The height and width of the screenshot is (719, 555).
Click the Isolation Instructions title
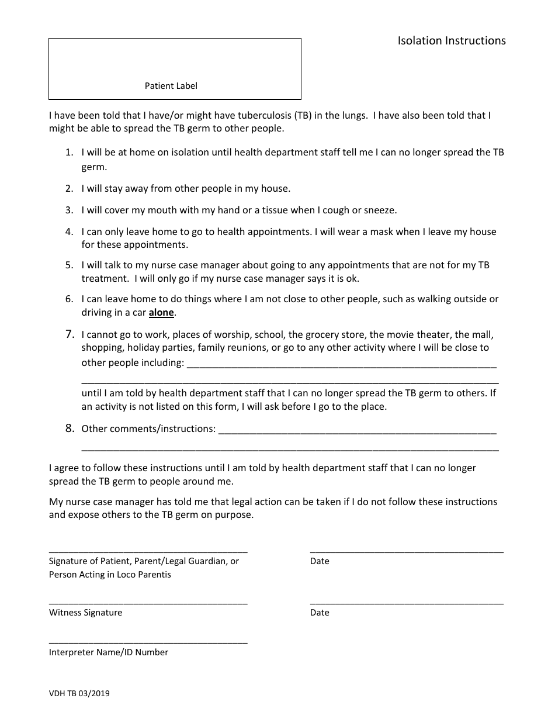click(452, 41)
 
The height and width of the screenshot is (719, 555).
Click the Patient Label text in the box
click(171, 86)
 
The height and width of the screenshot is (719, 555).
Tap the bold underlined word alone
click(161, 313)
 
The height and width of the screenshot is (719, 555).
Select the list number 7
click(70, 334)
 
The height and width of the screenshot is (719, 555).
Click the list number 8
click(70, 428)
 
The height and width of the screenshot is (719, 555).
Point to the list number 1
click(69, 153)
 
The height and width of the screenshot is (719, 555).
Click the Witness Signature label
click(85, 613)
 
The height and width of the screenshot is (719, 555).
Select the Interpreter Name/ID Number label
click(109, 652)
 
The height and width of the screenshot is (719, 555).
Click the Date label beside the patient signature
click(320, 561)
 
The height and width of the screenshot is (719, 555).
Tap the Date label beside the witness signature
click(320, 613)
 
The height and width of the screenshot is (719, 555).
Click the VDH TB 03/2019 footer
click(79, 694)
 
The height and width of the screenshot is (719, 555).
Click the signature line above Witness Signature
click(148, 603)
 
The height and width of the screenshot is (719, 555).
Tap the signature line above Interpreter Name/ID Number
click(148, 642)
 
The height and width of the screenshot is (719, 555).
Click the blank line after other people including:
click(341, 367)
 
